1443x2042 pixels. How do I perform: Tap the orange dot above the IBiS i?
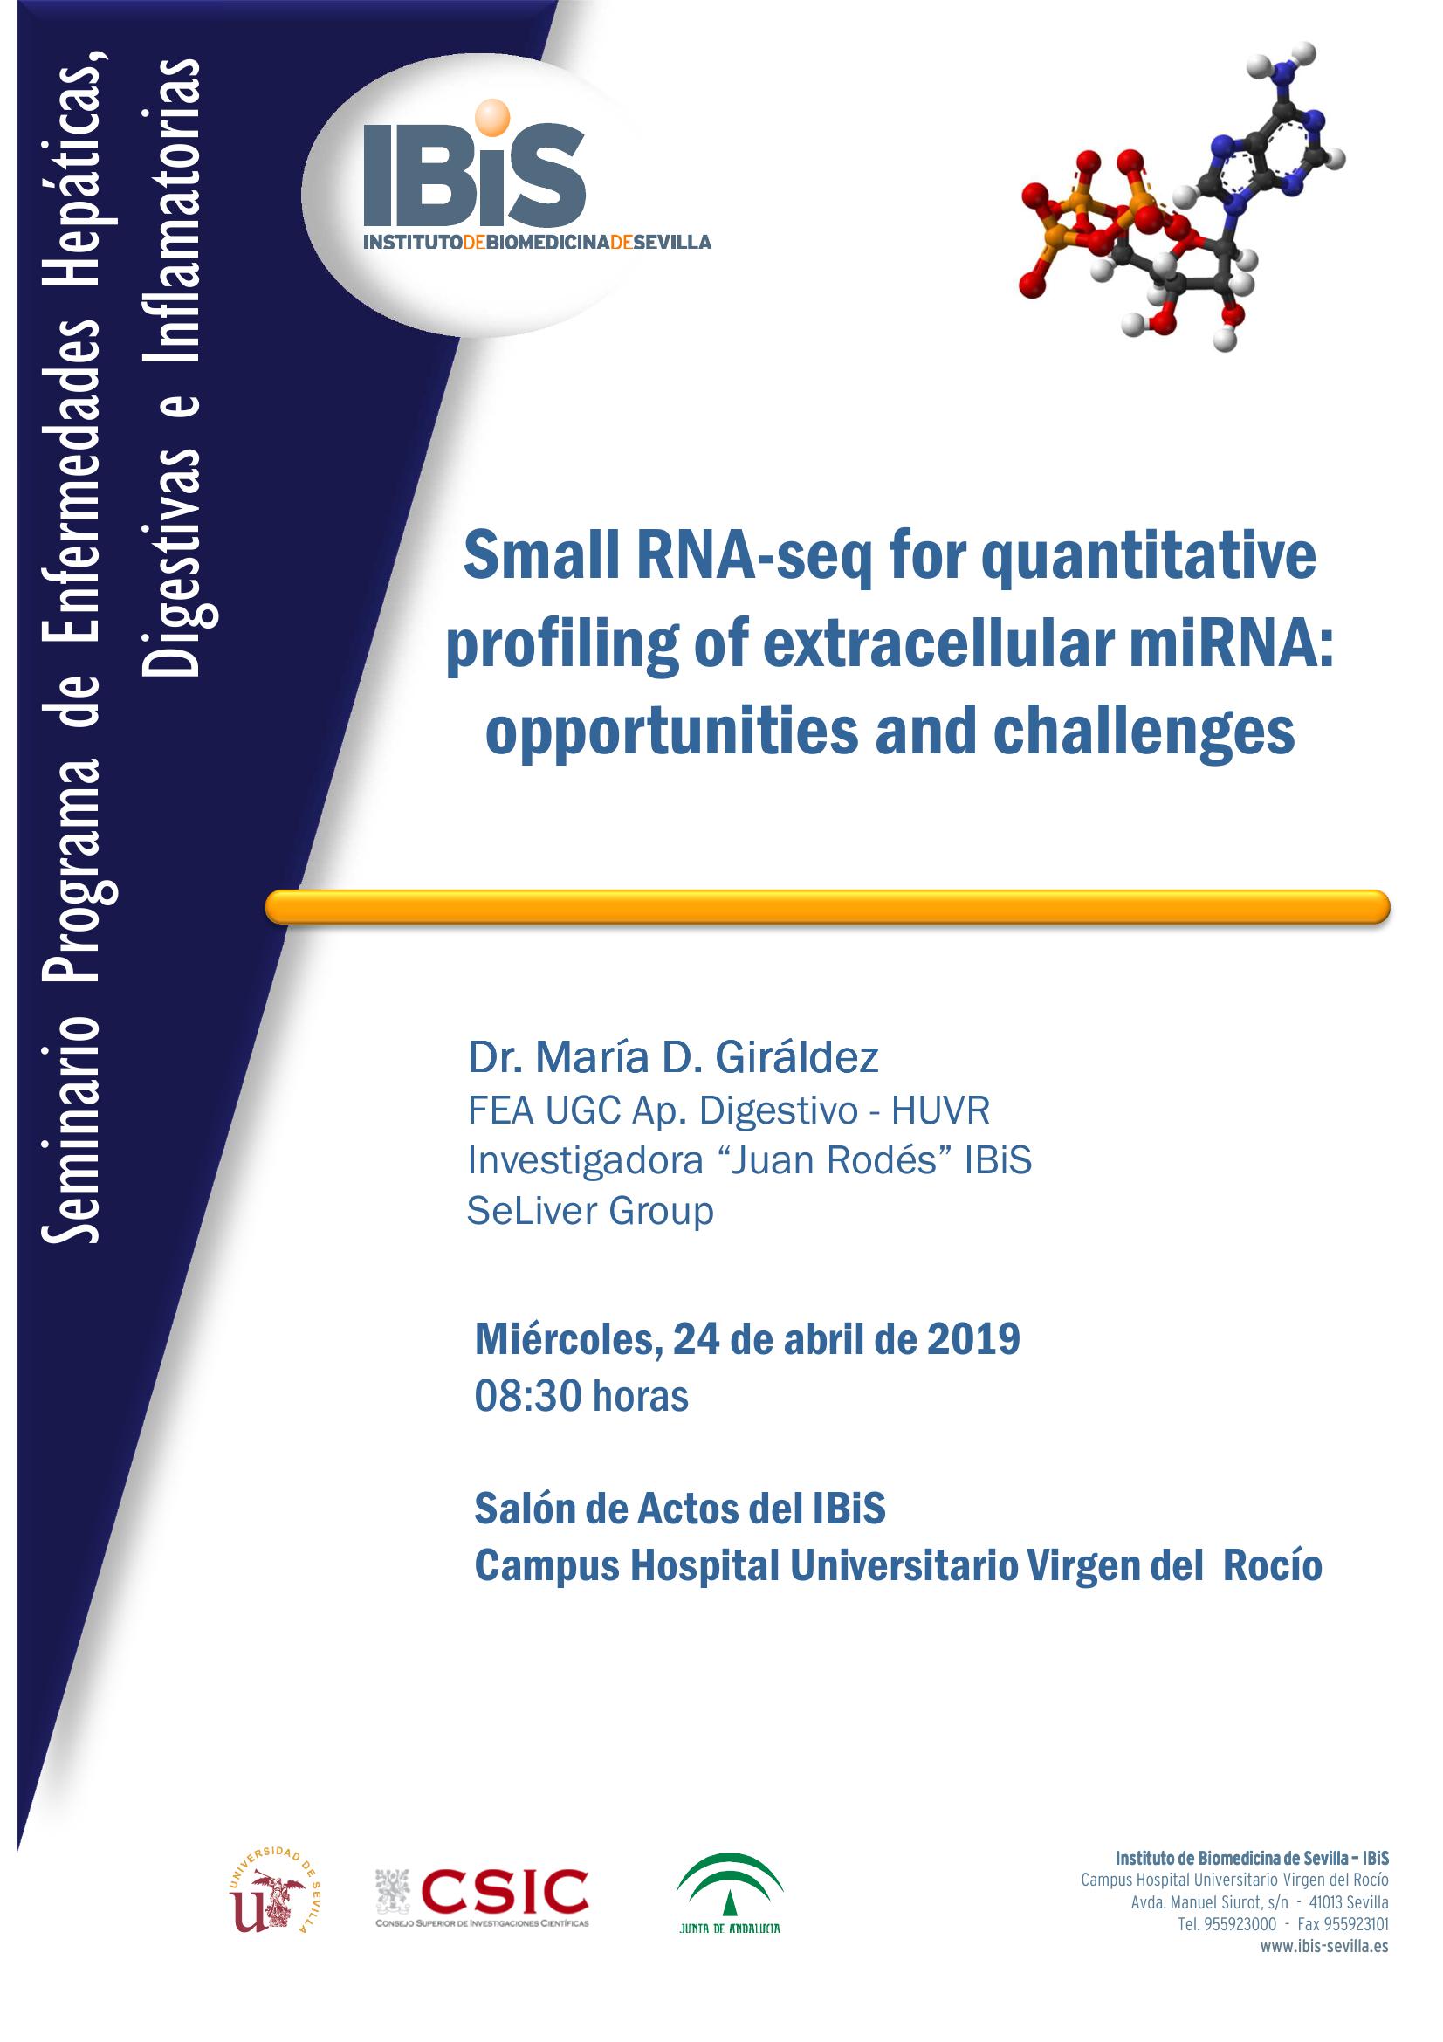[x=493, y=116]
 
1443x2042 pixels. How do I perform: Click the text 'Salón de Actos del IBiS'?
[x=680, y=1509]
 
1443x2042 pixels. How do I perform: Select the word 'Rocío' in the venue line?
[x=1272, y=1566]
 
